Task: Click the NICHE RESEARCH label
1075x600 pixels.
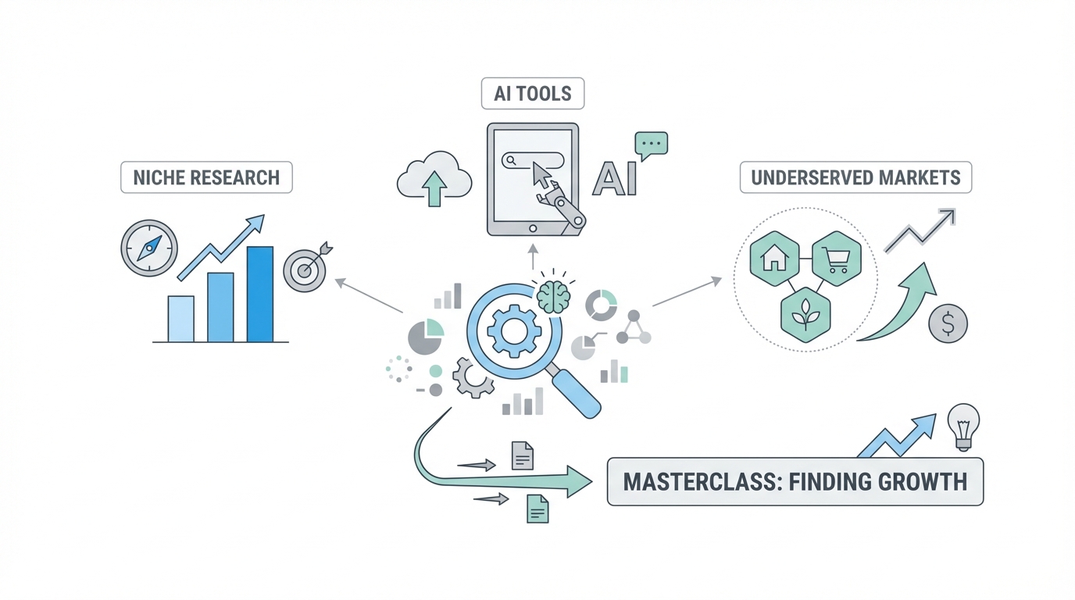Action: [206, 177]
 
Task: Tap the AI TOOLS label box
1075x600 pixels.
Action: [533, 94]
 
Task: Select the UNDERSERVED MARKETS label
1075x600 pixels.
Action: [855, 177]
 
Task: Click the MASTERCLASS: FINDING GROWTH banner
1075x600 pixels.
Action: [795, 481]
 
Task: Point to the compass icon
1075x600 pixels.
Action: [148, 248]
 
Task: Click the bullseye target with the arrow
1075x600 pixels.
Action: [305, 270]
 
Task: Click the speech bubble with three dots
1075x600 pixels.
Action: [651, 145]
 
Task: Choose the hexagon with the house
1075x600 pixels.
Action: [774, 257]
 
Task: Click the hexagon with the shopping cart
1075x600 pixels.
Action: [836, 257]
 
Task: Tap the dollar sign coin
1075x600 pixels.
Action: [948, 323]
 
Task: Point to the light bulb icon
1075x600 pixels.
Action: [963, 425]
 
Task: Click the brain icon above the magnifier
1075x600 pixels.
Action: [553, 297]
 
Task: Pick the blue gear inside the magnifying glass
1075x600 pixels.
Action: [513, 331]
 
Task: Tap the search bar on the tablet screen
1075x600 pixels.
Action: [534, 160]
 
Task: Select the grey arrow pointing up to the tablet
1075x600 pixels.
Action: [534, 256]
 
